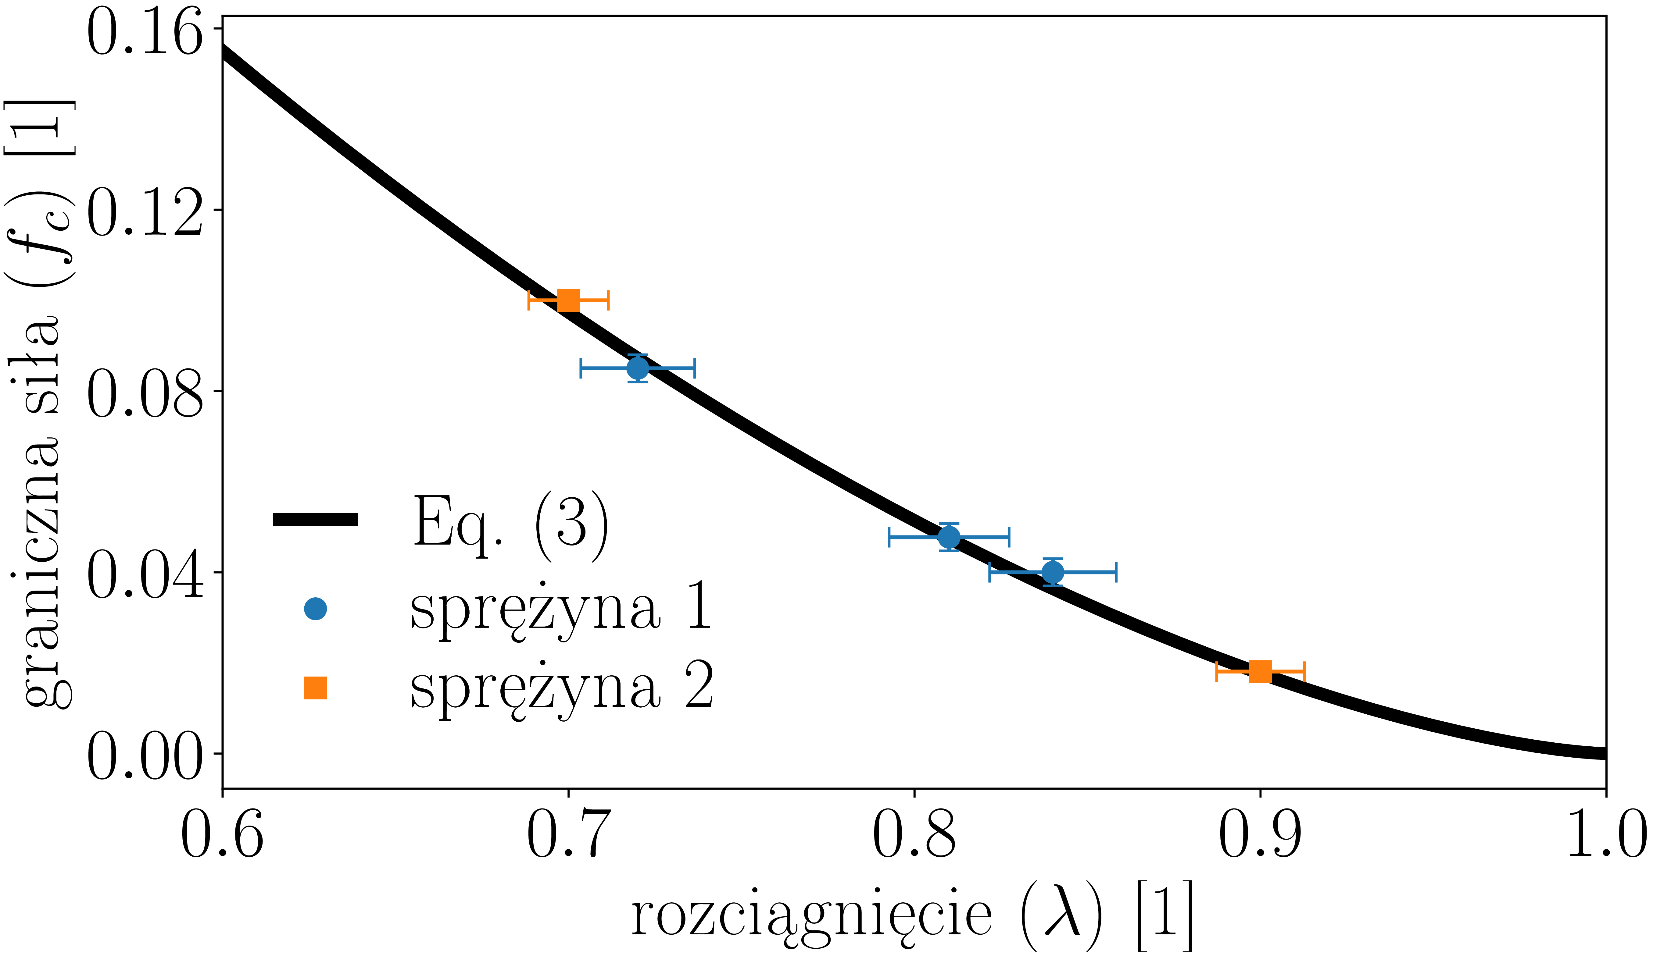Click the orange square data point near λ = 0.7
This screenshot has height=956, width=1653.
568,300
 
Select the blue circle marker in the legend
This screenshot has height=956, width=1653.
316,609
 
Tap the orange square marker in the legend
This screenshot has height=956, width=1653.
316,688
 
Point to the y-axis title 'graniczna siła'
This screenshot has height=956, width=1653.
41,511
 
